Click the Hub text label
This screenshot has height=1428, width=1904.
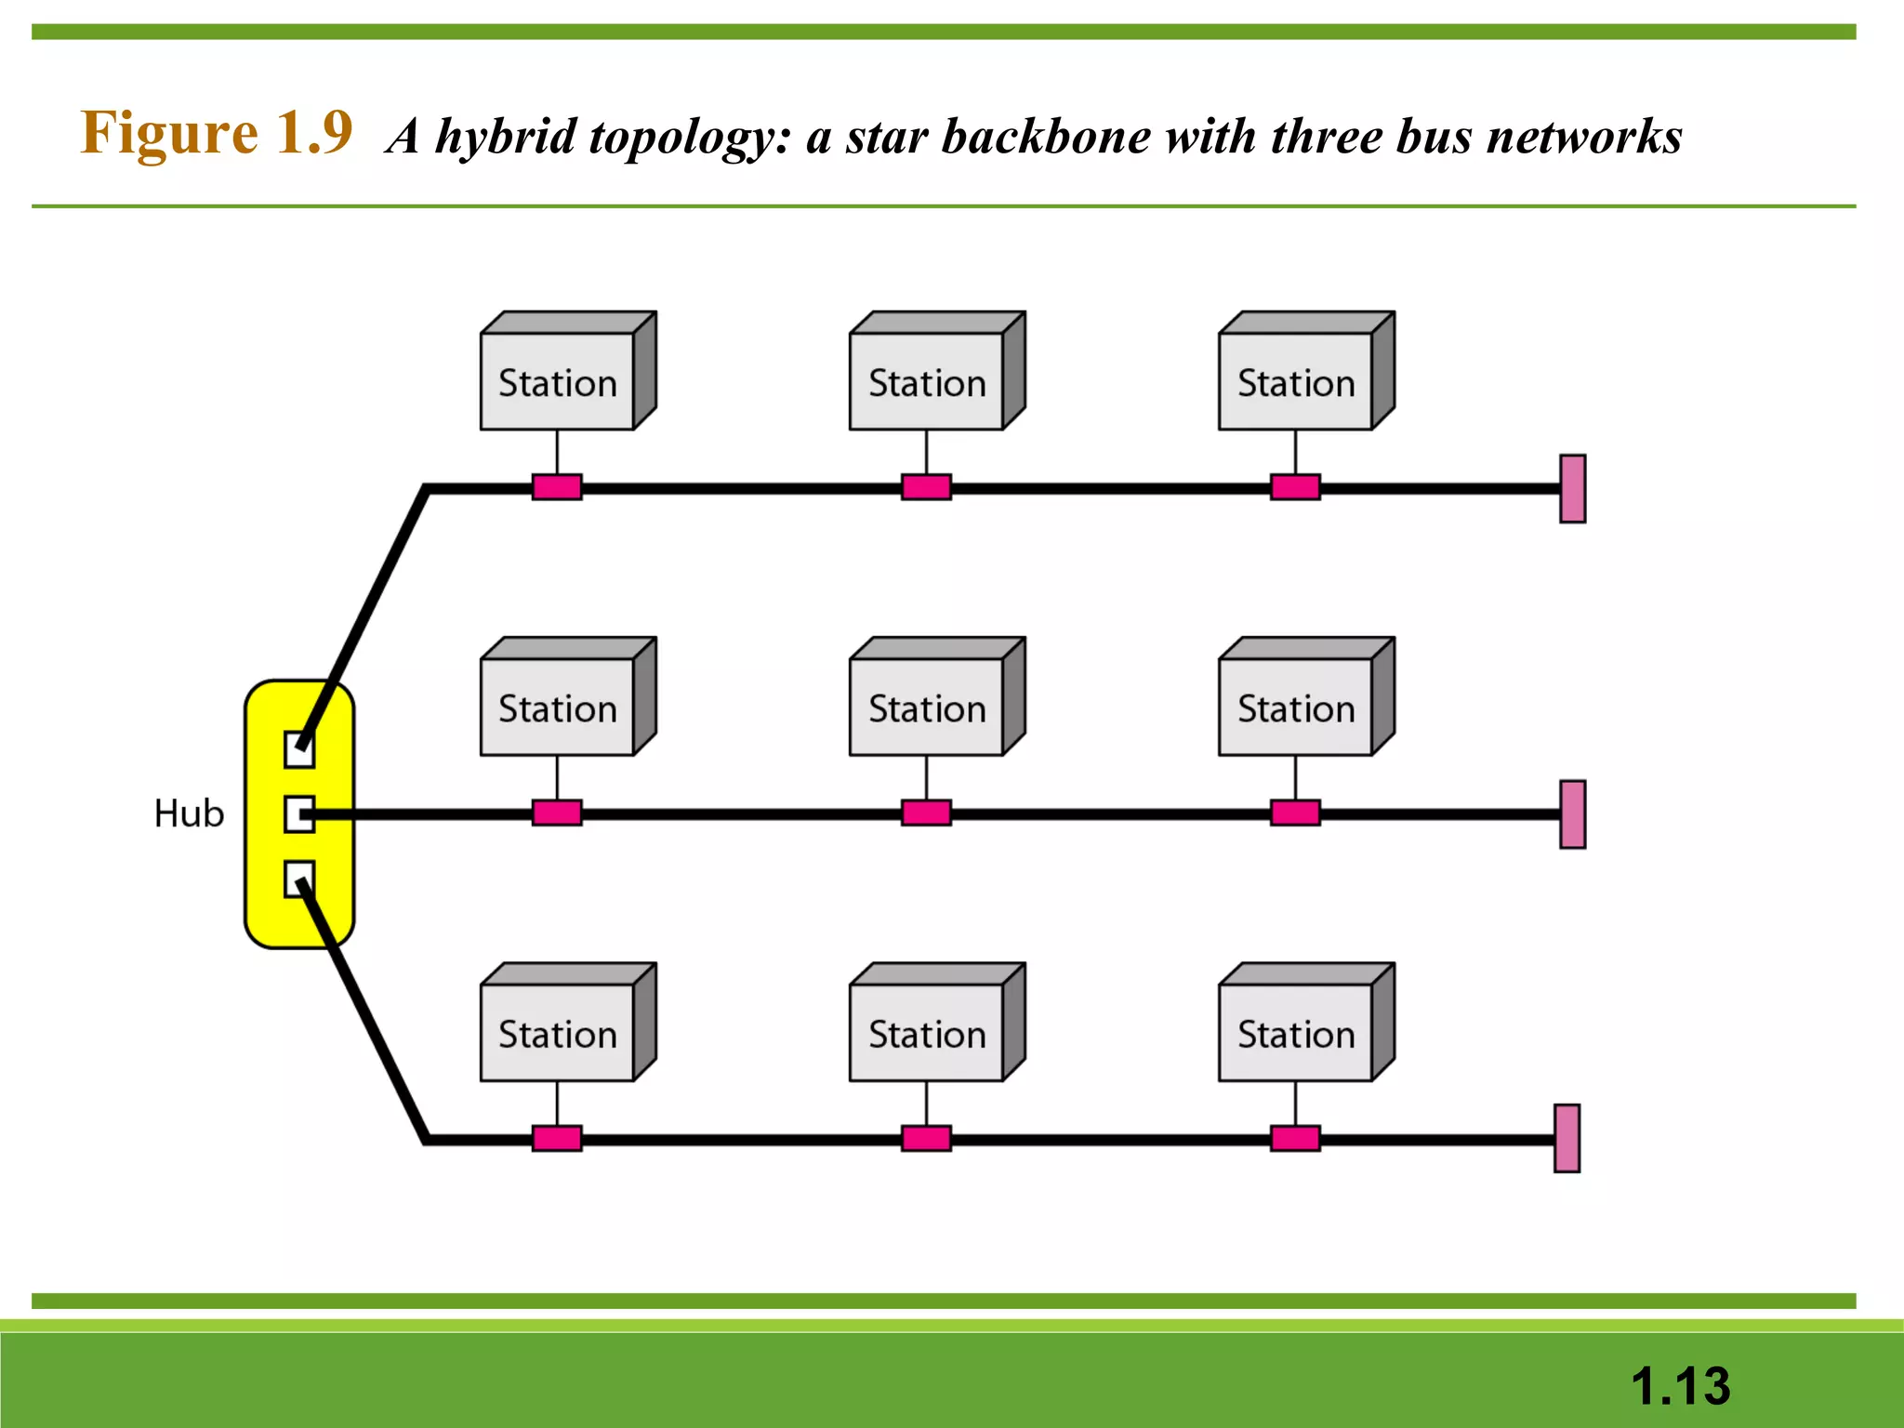pyautogui.click(x=189, y=813)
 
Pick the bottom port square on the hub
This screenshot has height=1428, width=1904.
pyautogui.click(x=297, y=879)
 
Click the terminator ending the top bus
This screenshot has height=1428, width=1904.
pyautogui.click(x=1572, y=488)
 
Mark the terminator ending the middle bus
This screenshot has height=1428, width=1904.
pyautogui.click(x=1572, y=813)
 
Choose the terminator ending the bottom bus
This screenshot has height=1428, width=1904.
pyautogui.click(x=1567, y=1138)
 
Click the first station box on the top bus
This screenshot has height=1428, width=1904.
pyautogui.click(x=558, y=381)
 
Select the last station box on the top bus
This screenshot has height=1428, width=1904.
pyautogui.click(x=1296, y=381)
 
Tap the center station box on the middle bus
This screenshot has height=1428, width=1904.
pyautogui.click(x=927, y=707)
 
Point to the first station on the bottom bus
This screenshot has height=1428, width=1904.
pyautogui.click(x=558, y=1033)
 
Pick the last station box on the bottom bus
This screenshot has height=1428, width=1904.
pyautogui.click(x=1296, y=1033)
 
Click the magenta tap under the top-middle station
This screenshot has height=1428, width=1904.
pyautogui.click(x=926, y=487)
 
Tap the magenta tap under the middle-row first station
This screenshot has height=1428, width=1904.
pyautogui.click(x=557, y=813)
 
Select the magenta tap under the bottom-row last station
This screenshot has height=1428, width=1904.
pyautogui.click(x=1295, y=1138)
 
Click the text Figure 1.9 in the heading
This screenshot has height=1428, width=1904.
pyautogui.click(x=216, y=133)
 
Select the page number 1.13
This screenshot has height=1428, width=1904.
pyautogui.click(x=1680, y=1385)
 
